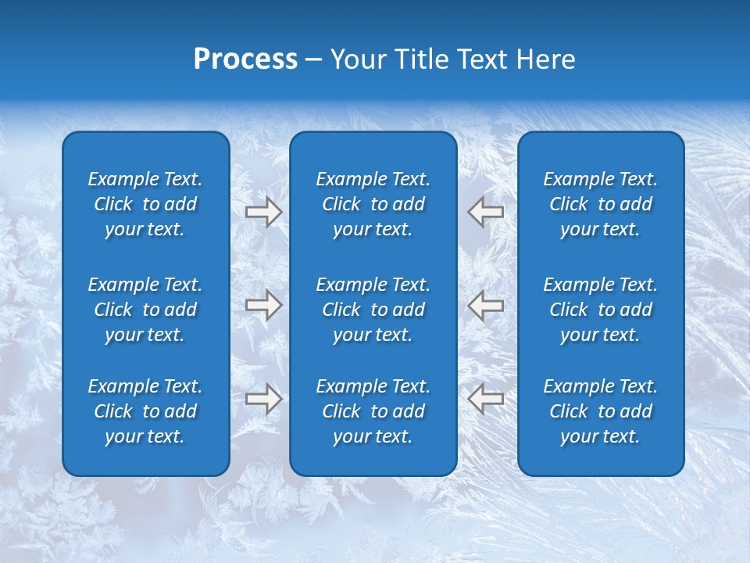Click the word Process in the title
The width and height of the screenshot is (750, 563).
point(245,59)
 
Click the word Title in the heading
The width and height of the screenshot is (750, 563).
point(421,59)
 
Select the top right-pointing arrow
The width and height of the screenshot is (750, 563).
point(263,212)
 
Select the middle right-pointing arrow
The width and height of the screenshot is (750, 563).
point(263,305)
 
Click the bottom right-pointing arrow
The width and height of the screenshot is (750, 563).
point(263,399)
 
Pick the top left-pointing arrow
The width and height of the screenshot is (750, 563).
point(486,212)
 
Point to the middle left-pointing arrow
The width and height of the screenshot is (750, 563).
point(486,305)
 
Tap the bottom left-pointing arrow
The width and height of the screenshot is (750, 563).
point(486,399)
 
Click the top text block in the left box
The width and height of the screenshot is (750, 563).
point(145,204)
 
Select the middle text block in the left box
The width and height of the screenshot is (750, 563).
point(145,310)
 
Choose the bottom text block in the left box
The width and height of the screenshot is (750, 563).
point(145,411)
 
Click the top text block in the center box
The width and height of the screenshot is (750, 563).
point(373,204)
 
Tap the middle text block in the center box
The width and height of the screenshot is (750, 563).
point(373,310)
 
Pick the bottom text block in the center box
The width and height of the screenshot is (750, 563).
point(373,411)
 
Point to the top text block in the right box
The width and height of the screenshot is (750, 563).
point(601,204)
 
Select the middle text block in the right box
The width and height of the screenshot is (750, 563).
point(601,310)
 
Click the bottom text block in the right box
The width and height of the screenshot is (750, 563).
point(601,411)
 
